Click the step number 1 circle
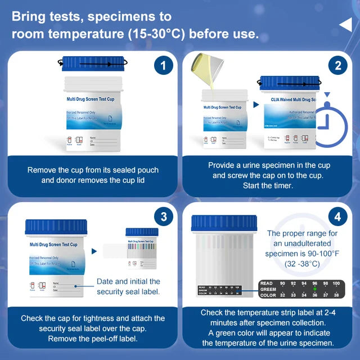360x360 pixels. (163, 66)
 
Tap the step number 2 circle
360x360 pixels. (337, 66)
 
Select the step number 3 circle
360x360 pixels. (163, 217)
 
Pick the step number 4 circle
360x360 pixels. (337, 217)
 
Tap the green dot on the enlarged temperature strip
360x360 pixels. (314, 289)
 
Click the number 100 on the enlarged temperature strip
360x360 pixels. (336, 283)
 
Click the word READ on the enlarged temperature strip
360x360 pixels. (267, 283)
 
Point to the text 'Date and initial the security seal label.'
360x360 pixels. (128, 286)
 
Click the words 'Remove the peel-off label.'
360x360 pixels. (93, 339)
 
